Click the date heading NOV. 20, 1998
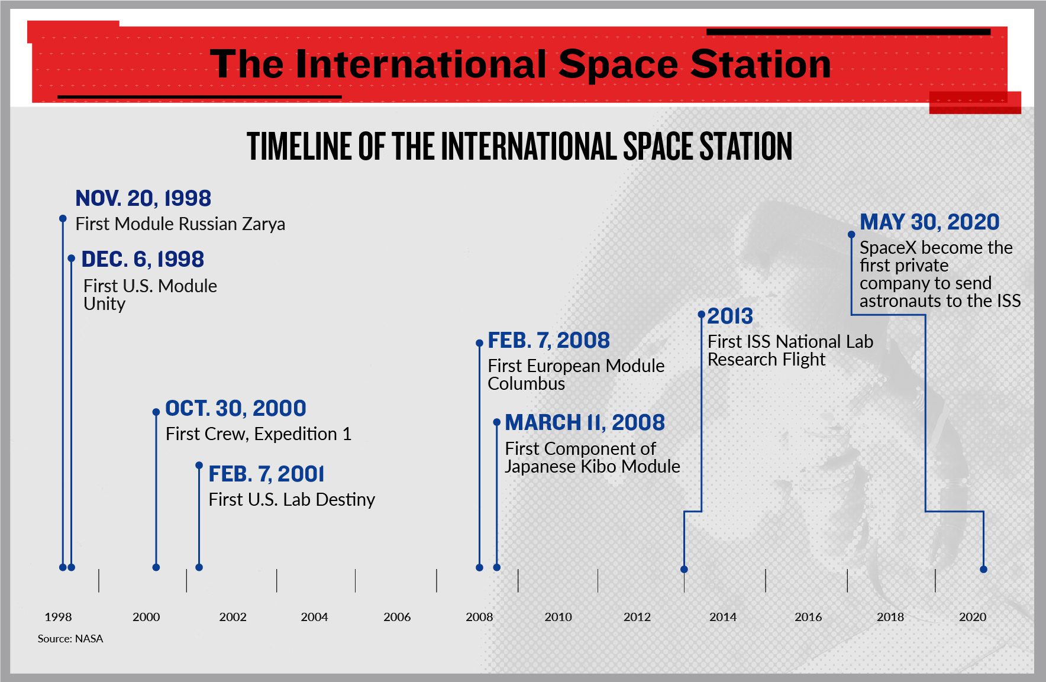coord(143,199)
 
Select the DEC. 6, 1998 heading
coord(143,260)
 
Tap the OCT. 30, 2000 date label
coord(235,409)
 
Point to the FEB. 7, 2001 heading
coord(266,474)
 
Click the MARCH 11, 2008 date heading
coord(585,423)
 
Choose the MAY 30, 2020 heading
coord(929,222)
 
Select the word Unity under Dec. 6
coord(104,304)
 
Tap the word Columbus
coord(526,384)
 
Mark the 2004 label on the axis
coord(314,617)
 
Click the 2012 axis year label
coord(637,617)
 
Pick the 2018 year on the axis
coord(890,617)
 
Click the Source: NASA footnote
coord(70,639)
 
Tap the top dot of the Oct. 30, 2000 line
coord(156,412)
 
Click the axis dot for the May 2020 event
coord(983,569)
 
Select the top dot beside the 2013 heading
coord(702,314)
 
